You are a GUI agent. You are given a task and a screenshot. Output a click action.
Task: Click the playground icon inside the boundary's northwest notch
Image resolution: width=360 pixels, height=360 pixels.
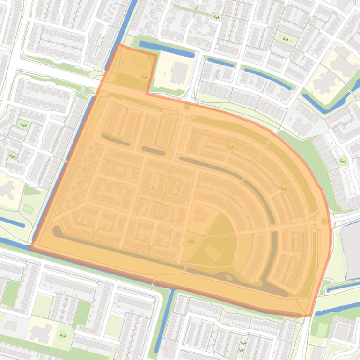(x=144, y=77)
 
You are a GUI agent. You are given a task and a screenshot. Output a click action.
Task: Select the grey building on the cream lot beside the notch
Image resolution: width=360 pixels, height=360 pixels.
(x=178, y=72)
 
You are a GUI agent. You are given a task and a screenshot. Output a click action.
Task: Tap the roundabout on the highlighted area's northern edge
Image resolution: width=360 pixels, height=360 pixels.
(x=187, y=107)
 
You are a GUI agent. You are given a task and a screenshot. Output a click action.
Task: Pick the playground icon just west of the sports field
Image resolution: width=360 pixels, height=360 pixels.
(x=191, y=241)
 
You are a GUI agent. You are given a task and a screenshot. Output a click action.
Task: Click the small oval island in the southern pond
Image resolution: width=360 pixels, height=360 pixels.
(x=229, y=277)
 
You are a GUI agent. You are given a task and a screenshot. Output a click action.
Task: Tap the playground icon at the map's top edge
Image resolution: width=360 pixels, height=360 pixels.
(x=216, y=17)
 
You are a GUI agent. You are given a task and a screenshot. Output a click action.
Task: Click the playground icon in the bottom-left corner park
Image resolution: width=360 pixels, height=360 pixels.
(x=62, y=335)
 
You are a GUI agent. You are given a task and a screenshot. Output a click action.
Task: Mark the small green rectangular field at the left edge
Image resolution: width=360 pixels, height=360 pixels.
(x=28, y=209)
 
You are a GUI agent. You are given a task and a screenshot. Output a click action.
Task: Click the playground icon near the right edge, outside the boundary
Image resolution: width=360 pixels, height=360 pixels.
(x=343, y=161)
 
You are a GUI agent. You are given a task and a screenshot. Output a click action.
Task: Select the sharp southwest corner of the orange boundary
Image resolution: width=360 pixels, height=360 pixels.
(x=31, y=248)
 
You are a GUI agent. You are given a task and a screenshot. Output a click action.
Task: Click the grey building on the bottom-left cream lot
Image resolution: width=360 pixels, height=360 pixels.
(x=40, y=333)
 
